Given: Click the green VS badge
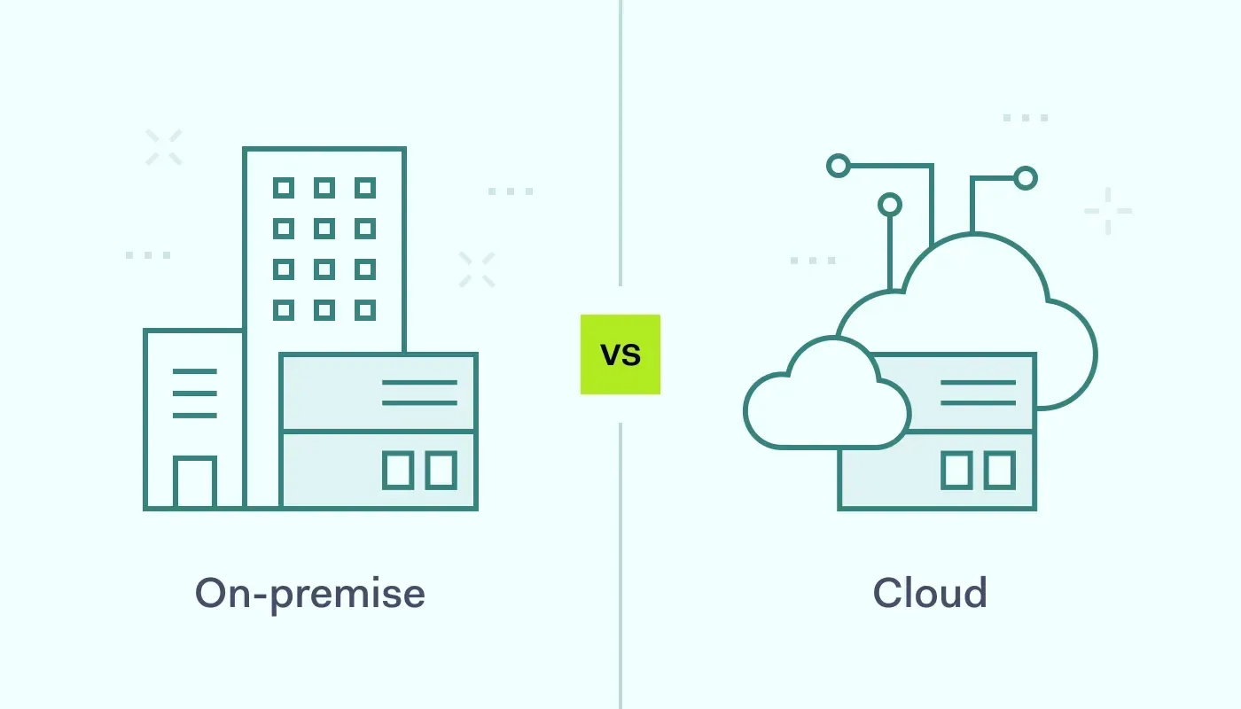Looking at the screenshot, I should tap(620, 354).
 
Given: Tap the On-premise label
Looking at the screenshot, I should tap(310, 593).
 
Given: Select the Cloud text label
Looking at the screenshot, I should tap(930, 593).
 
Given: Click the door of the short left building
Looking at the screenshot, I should tap(195, 483).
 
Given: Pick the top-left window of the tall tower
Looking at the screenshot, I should tap(283, 188).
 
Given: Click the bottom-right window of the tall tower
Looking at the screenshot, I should tap(365, 310).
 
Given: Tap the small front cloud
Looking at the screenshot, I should tap(824, 399).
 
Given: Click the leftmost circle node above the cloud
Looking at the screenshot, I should tap(838, 166).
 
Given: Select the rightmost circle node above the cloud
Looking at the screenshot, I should tap(1026, 178).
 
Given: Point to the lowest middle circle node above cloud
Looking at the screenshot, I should tap(890, 206).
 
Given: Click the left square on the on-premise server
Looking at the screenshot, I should tap(398, 470).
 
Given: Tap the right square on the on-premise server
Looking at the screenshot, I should tap(441, 470).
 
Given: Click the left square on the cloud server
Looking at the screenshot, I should tap(956, 470).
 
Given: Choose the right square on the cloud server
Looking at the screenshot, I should tap(999, 470).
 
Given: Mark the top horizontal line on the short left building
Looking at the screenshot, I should tap(195, 371).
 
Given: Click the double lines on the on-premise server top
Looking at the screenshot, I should tap(419, 393).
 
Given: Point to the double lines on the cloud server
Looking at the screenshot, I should tap(978, 393).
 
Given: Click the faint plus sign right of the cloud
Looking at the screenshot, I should tap(1108, 211).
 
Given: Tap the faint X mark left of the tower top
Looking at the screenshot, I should tap(164, 147).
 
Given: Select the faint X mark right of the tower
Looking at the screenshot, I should tap(477, 269).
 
